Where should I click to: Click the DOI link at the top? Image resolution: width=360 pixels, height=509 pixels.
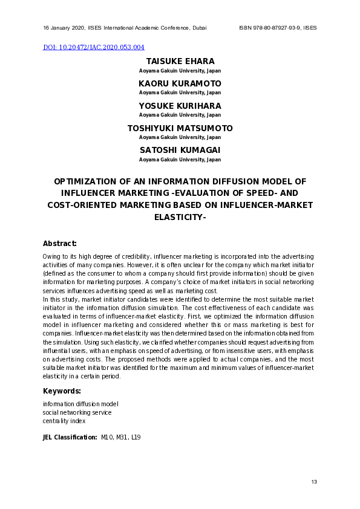tap(94, 47)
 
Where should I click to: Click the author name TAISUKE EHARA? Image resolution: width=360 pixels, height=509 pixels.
tap(180, 62)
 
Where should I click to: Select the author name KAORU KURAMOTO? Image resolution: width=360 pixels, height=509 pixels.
tap(180, 83)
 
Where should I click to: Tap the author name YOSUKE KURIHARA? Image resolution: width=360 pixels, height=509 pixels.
tap(180, 106)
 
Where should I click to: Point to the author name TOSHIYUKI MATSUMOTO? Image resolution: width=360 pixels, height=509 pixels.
tap(180, 128)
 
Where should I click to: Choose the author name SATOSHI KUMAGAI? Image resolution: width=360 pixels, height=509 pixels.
tap(180, 151)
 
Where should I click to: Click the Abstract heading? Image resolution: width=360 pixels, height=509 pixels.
tap(59, 244)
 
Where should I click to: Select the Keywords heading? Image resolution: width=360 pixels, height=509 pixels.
tap(62, 391)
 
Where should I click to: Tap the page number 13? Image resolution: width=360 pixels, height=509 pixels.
tap(313, 482)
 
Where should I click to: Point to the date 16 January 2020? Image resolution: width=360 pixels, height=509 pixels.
tap(64, 28)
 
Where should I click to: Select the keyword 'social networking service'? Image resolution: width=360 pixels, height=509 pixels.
tap(77, 412)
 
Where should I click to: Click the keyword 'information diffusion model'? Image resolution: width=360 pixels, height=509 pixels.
tap(80, 404)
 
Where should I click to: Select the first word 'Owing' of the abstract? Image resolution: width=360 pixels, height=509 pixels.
tap(51, 257)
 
